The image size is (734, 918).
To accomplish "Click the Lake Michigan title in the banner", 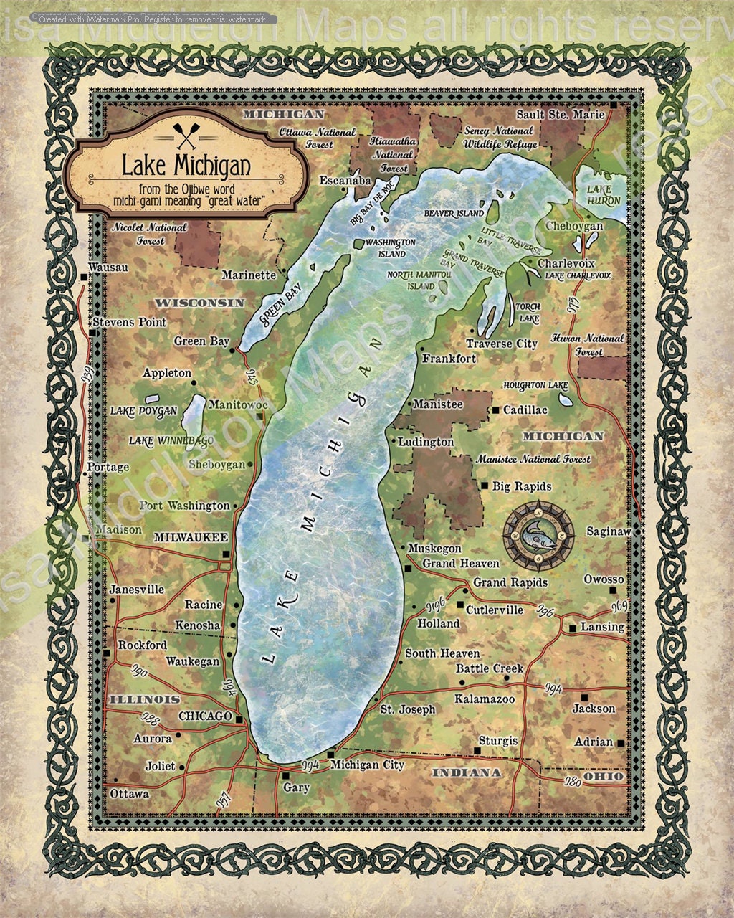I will click(x=186, y=166).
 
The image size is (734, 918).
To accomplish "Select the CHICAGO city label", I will click(x=204, y=716).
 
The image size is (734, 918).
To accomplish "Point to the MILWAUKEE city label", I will click(x=191, y=537).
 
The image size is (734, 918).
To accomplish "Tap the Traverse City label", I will click(x=501, y=344).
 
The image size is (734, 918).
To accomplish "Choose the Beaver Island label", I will click(x=454, y=214).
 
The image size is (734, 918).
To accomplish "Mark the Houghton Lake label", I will click(x=535, y=385).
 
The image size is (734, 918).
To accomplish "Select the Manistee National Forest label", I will click(x=533, y=459).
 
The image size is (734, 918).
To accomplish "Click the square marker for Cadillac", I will click(x=495, y=410).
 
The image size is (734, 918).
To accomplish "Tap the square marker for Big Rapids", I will click(x=485, y=486).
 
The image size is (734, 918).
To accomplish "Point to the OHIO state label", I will click(x=603, y=776).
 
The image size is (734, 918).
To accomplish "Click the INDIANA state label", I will click(x=466, y=772).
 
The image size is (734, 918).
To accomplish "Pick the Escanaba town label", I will click(x=345, y=180).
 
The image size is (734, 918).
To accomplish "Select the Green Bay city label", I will click(x=201, y=341).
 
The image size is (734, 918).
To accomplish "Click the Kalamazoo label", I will click(x=485, y=699).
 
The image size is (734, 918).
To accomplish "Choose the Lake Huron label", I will click(x=604, y=195).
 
